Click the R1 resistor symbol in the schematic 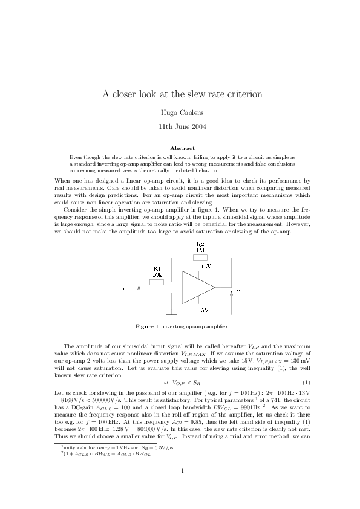click(x=157, y=281)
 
